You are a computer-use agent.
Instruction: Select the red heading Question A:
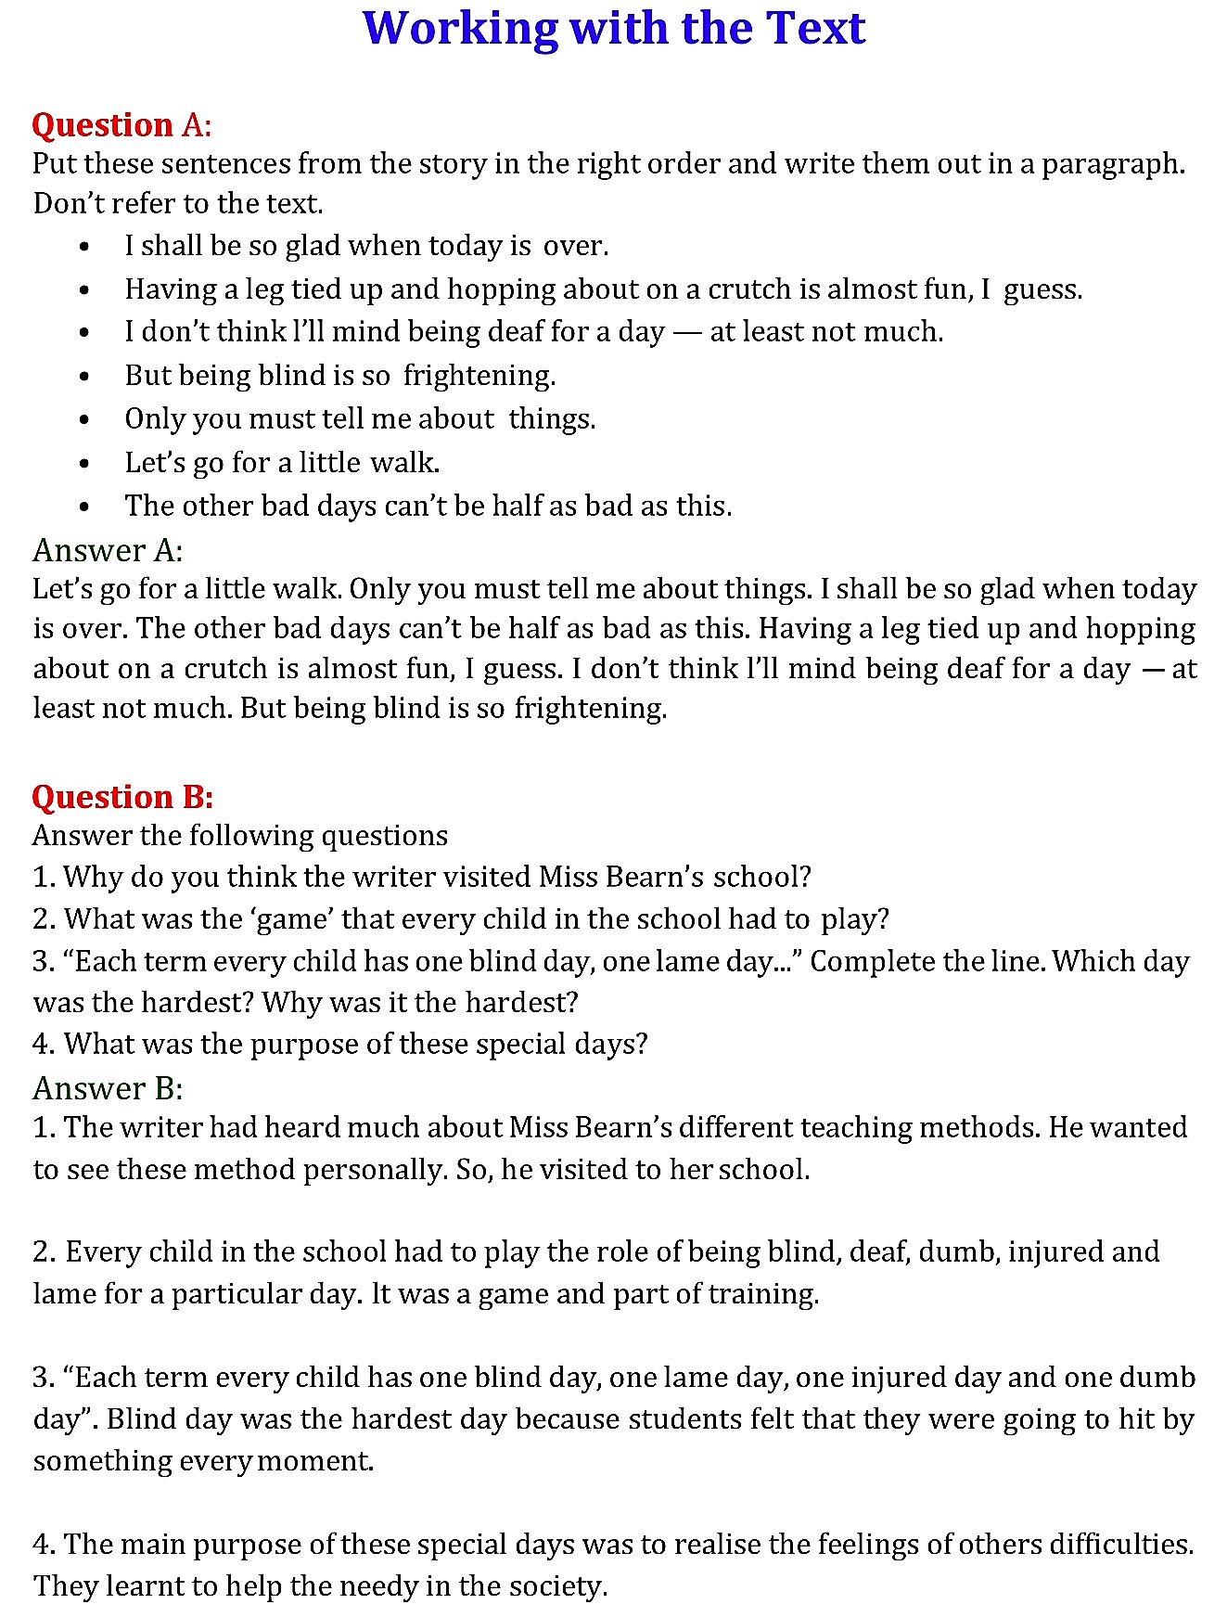[121, 124]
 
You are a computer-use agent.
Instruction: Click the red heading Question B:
[122, 797]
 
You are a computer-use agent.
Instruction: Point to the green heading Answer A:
[108, 550]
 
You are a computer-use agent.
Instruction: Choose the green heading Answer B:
[108, 1087]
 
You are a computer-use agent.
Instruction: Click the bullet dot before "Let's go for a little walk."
[84, 463]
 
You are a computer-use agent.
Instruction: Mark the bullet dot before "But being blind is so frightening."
[84, 377]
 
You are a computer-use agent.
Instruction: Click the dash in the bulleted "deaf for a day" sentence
[686, 332]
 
